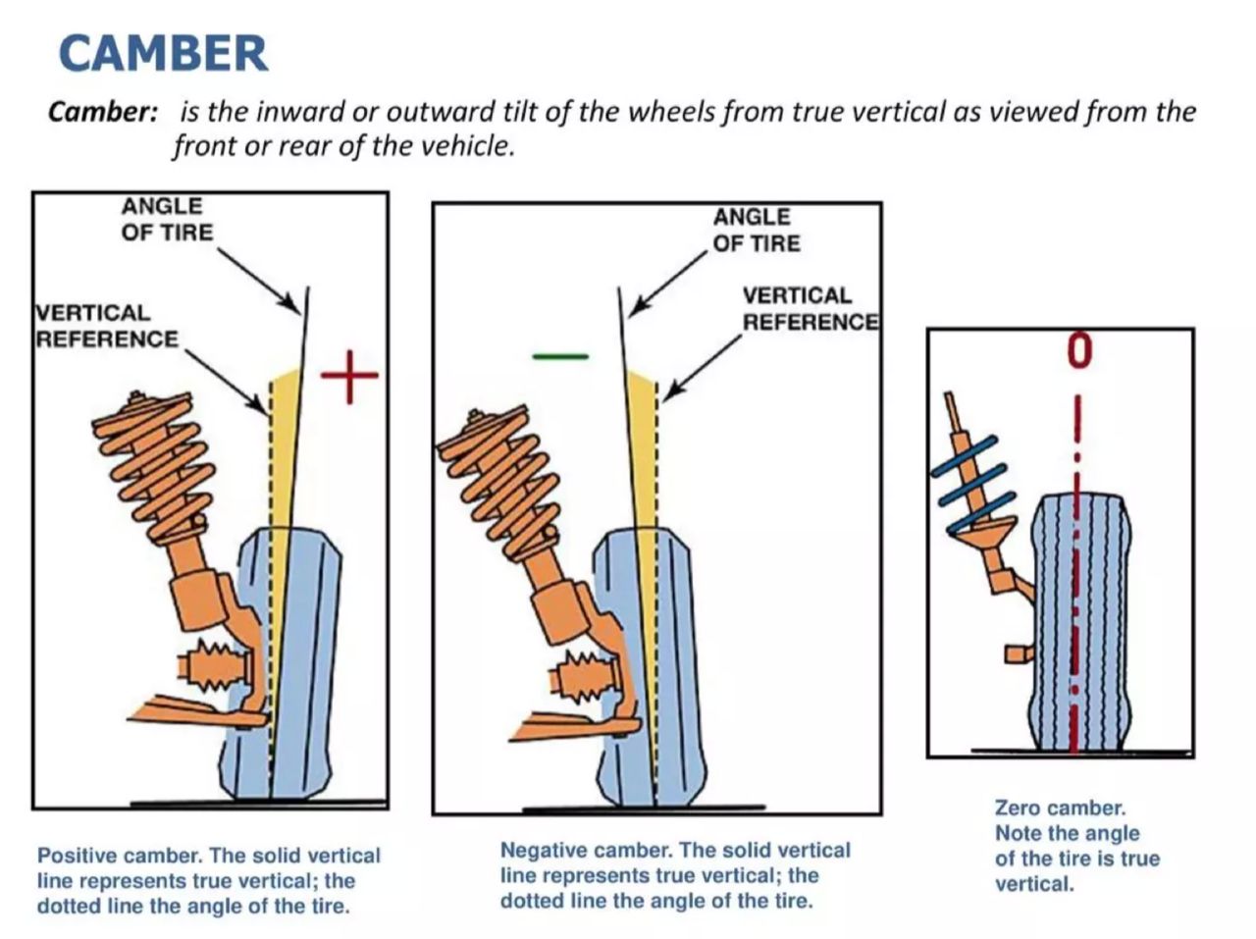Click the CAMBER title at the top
pos(163,53)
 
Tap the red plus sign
pos(349,374)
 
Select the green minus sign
pos(559,355)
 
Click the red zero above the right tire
pos(1079,350)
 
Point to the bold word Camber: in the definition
pos(103,111)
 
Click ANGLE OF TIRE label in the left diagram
pos(166,219)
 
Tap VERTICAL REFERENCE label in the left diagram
pos(105,326)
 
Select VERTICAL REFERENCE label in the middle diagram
pos(809,309)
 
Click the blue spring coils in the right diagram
pos(971,481)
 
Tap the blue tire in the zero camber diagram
pos(1079,628)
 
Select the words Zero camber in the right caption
pos(1060,809)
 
